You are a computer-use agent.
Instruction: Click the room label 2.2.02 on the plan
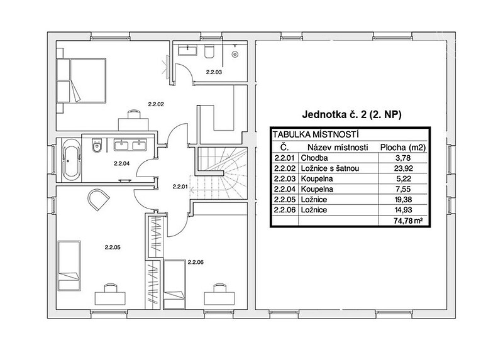click(156, 104)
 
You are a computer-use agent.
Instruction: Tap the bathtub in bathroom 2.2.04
click(71, 159)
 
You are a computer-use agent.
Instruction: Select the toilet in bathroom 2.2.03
click(209, 52)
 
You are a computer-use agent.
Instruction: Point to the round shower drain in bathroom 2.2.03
click(236, 54)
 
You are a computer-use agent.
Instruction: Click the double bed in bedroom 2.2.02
click(82, 80)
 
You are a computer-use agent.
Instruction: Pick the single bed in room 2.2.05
click(69, 266)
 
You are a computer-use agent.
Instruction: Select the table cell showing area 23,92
click(403, 168)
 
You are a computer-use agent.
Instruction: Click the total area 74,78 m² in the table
click(407, 221)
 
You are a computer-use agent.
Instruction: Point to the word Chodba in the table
click(314, 158)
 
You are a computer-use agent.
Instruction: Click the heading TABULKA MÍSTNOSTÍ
click(316, 134)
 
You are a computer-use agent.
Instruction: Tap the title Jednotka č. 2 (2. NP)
click(351, 114)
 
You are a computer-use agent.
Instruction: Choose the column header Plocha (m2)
click(403, 148)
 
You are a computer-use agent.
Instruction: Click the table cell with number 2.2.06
click(285, 210)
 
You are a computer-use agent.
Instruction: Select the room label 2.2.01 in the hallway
click(180, 186)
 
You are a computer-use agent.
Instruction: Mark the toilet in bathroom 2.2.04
click(96, 146)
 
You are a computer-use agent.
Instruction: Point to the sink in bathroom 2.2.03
click(187, 51)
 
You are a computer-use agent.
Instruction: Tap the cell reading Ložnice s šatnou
click(329, 168)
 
